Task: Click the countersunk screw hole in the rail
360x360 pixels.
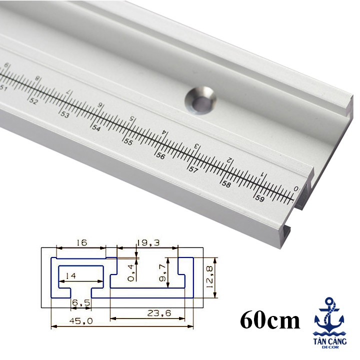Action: (x=201, y=99)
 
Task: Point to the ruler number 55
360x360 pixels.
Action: (x=128, y=141)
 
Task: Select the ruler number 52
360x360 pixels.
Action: (x=34, y=100)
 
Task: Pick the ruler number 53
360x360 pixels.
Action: (x=65, y=114)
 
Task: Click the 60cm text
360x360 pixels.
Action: (x=270, y=320)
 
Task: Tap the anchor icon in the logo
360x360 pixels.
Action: (x=329, y=314)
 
